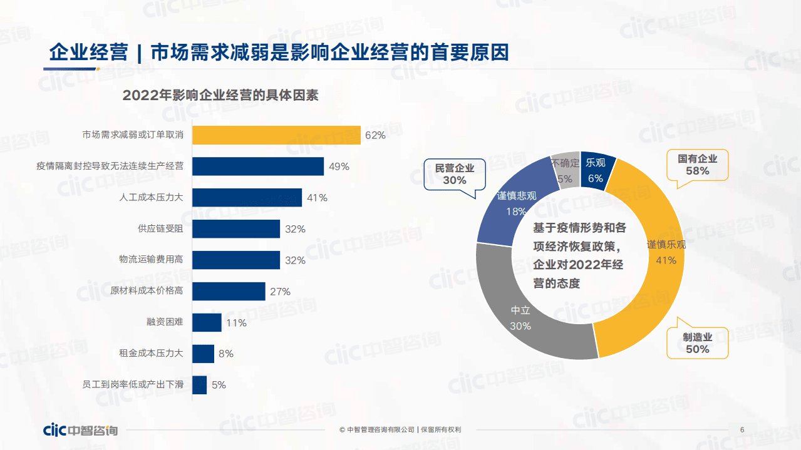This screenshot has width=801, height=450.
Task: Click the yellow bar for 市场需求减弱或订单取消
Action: pos(276,135)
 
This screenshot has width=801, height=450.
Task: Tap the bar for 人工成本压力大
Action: pos(247,198)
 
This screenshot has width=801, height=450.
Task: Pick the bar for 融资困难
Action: pos(207,323)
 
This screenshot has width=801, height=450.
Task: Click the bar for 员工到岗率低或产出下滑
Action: pos(199,385)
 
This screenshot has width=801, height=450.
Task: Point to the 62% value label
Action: pos(375,135)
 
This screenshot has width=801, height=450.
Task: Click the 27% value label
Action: pos(280,292)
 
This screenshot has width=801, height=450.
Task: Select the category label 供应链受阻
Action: pos(160,229)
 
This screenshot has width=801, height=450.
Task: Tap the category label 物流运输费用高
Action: pos(151,260)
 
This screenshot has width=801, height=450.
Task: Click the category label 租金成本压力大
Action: pos(151,354)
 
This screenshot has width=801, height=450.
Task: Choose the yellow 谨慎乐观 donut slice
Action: pos(651,263)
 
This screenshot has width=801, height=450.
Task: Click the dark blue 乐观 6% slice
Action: pos(596,169)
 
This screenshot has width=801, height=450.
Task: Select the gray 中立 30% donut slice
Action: pos(526,313)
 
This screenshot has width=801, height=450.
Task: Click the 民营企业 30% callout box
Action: pos(455,174)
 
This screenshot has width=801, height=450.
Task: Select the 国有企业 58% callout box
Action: pos(697,165)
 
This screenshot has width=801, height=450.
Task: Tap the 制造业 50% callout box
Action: pos(697,343)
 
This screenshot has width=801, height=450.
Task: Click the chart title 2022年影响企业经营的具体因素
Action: pos(220,96)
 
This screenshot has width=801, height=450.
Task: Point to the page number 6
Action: pos(742,430)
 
